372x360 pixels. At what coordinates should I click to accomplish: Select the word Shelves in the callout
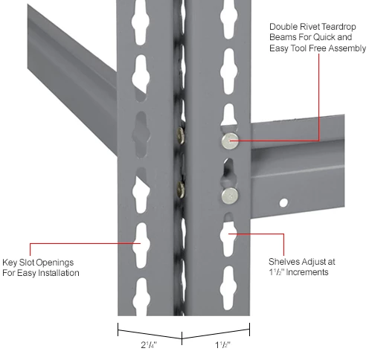coord(284,263)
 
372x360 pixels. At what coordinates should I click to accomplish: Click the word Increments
coord(309,273)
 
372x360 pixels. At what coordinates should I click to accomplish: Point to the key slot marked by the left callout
coord(138,242)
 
